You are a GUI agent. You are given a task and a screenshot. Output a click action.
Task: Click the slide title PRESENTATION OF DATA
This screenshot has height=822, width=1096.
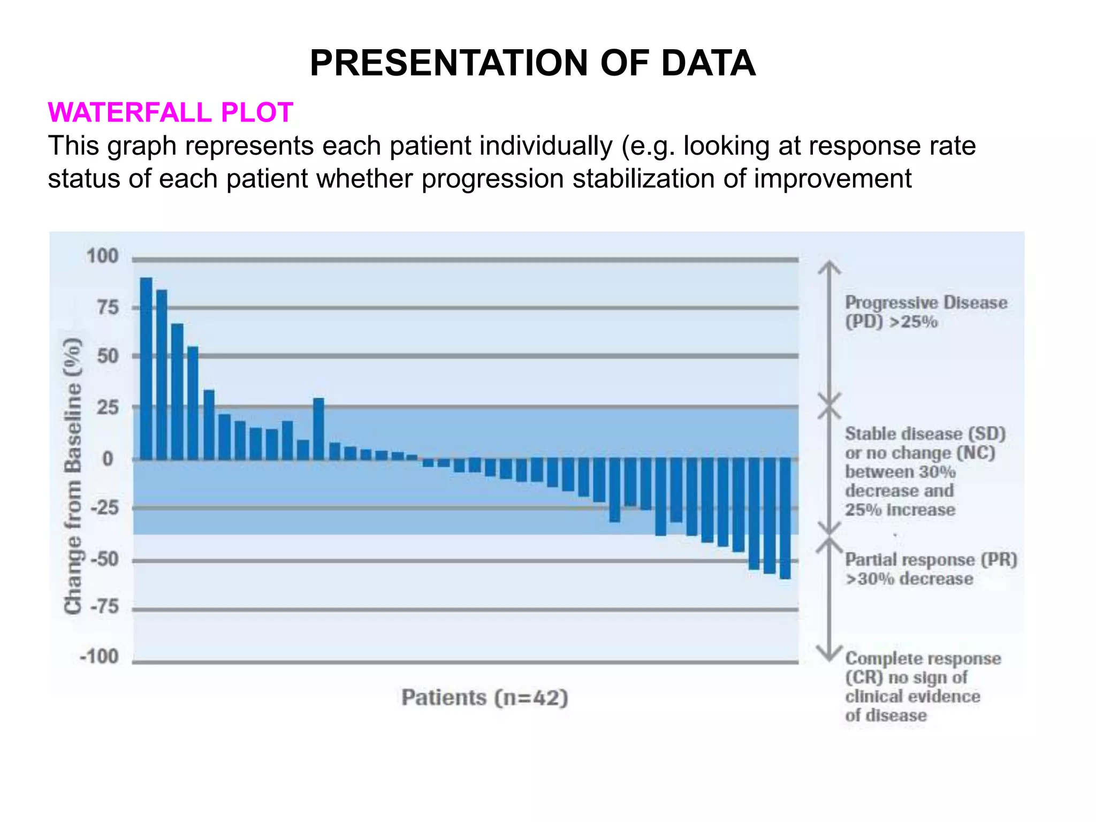coord(532,63)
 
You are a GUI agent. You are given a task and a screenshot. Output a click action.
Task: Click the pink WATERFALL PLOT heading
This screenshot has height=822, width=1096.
coord(170,112)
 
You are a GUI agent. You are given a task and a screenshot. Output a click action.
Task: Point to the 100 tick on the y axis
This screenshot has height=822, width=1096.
coord(102,256)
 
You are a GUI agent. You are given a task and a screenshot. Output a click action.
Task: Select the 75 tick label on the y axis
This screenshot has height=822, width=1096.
coord(108,308)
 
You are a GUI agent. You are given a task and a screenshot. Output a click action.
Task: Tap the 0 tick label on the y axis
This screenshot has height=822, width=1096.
coord(108,459)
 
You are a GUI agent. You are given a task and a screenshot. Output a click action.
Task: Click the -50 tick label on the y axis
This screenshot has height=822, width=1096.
coord(104,559)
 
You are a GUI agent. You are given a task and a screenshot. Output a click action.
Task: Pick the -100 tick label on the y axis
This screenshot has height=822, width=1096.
coord(99,657)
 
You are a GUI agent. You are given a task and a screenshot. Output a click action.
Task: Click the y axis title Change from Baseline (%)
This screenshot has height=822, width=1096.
coord(73,476)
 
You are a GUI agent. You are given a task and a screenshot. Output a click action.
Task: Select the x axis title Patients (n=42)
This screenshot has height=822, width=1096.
coord(484,698)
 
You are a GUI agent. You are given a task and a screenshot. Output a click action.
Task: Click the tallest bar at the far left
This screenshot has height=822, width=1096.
coord(146,369)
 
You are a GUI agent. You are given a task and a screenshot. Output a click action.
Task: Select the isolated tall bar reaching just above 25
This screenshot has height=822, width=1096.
coord(318,428)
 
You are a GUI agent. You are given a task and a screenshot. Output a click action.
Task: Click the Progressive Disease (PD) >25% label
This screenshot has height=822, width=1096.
coord(925,312)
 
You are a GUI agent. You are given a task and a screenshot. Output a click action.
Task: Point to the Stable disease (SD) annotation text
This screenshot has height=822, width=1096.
coord(925,471)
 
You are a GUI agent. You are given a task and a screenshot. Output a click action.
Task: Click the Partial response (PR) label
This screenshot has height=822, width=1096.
coord(931,569)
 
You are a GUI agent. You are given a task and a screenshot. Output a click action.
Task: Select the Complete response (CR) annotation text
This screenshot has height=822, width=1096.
coord(922,687)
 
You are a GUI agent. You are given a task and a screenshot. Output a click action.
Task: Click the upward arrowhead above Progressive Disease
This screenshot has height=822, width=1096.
coord(829,267)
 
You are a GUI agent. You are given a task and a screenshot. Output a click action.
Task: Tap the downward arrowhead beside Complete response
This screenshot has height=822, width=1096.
coord(829,654)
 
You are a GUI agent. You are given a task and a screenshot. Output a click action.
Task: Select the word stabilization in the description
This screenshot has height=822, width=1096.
coord(644,179)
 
